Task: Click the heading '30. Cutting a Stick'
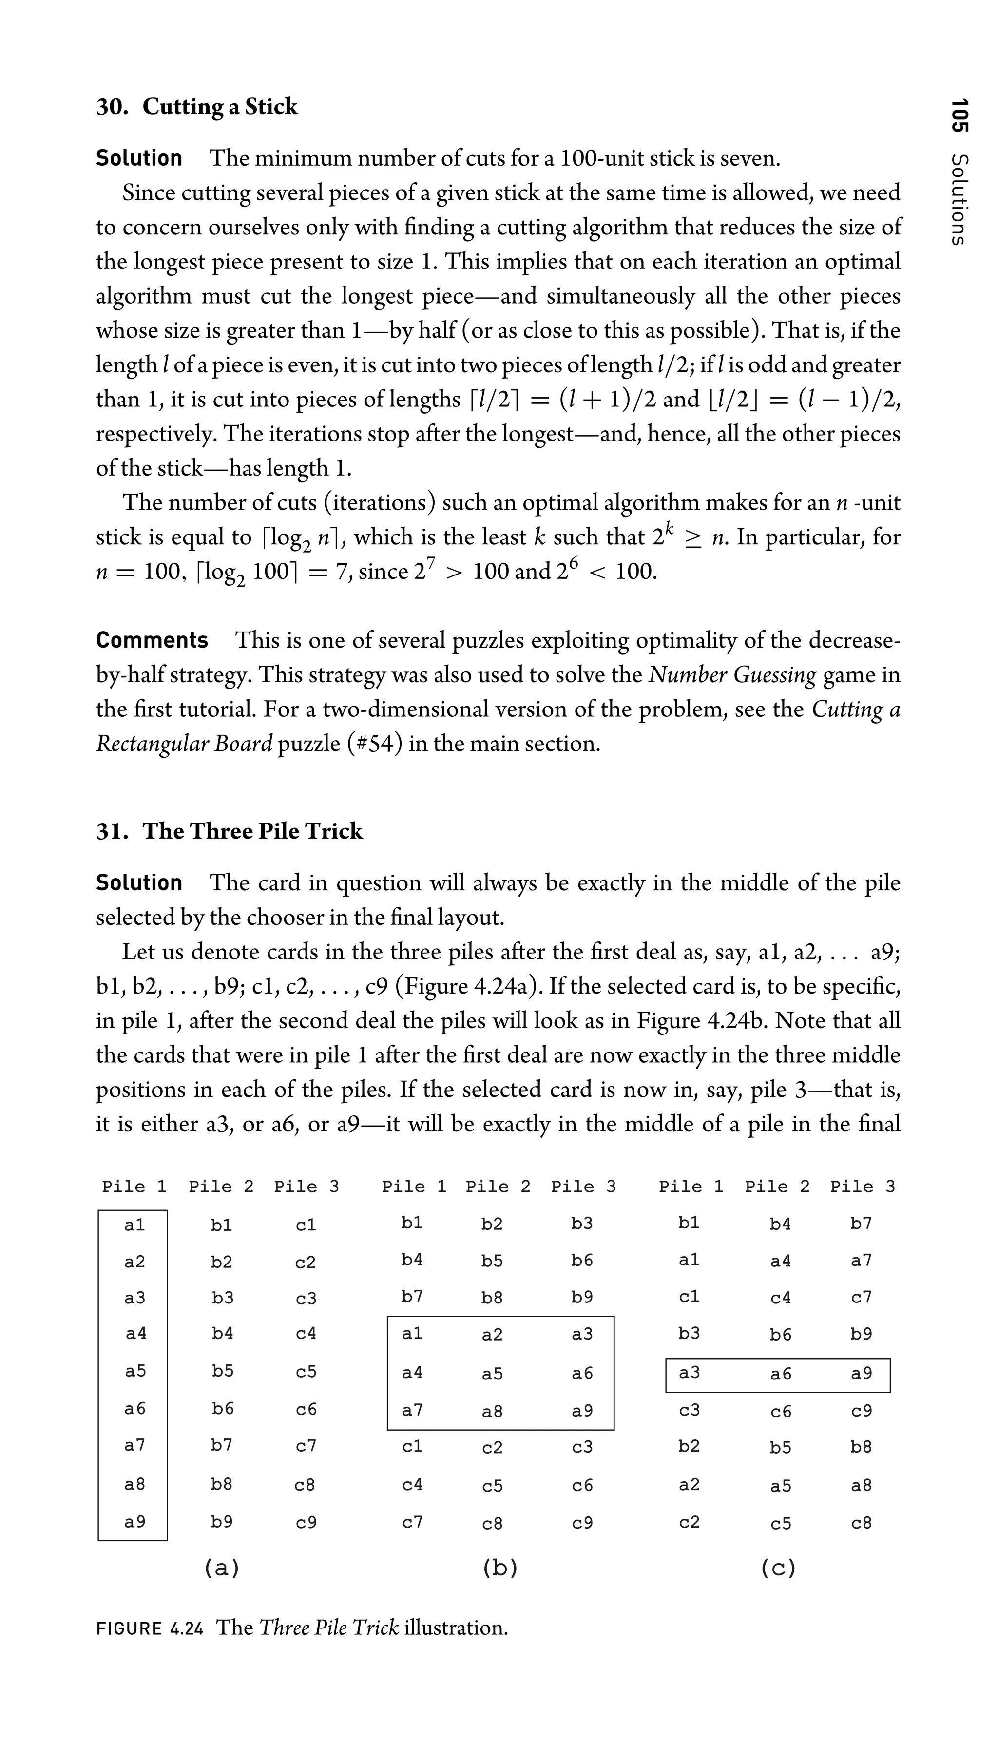[197, 107]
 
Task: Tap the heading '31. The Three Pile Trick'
[229, 831]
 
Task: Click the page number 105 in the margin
[960, 115]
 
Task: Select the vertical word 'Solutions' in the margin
[960, 199]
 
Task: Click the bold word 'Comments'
[152, 640]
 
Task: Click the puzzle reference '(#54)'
[374, 744]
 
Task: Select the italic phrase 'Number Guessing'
[732, 675]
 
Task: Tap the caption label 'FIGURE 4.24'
[150, 1628]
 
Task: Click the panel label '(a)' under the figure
[221, 1568]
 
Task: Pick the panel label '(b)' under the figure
[499, 1568]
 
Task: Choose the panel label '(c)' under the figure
[778, 1568]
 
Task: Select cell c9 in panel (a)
[306, 1523]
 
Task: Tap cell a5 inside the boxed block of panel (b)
[492, 1374]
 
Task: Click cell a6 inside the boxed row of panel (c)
[781, 1374]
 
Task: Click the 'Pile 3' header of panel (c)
[862, 1187]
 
